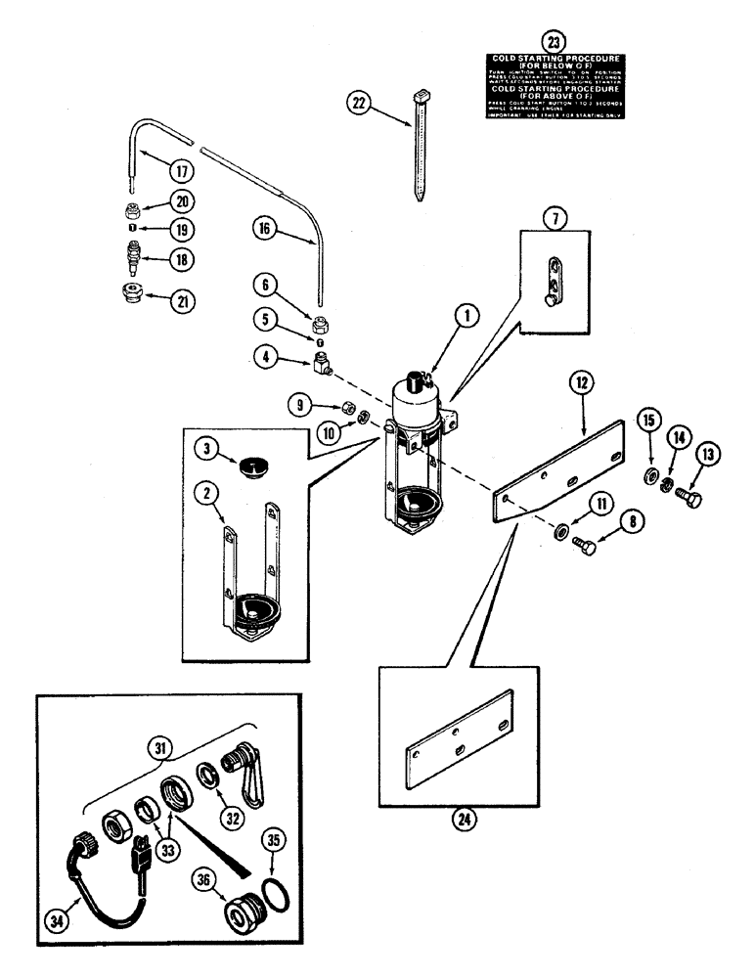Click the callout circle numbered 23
555,42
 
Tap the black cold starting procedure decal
555,88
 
